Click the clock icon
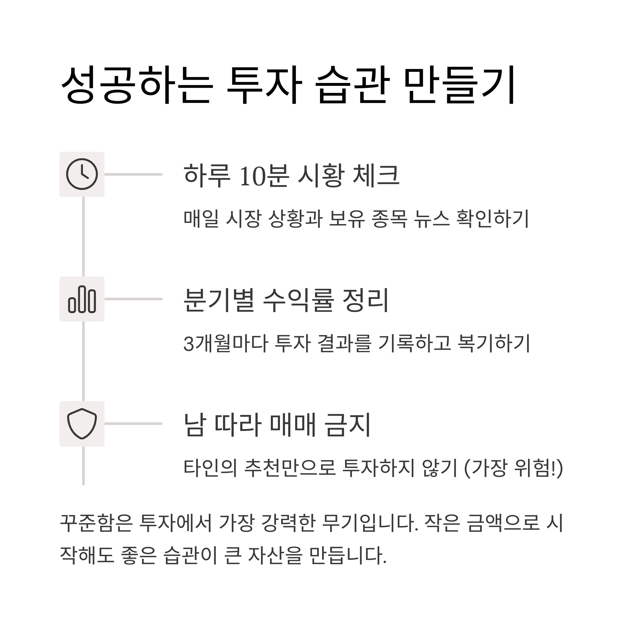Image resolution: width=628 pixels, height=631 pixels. pyautogui.click(x=82, y=174)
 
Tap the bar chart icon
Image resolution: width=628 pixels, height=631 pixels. pyautogui.click(x=82, y=299)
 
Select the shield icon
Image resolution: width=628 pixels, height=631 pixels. pyautogui.click(x=82, y=424)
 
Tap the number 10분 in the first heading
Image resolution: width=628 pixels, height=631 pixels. pyautogui.click(x=264, y=176)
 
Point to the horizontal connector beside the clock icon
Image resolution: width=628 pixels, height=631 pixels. pyautogui.click(x=133, y=174)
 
